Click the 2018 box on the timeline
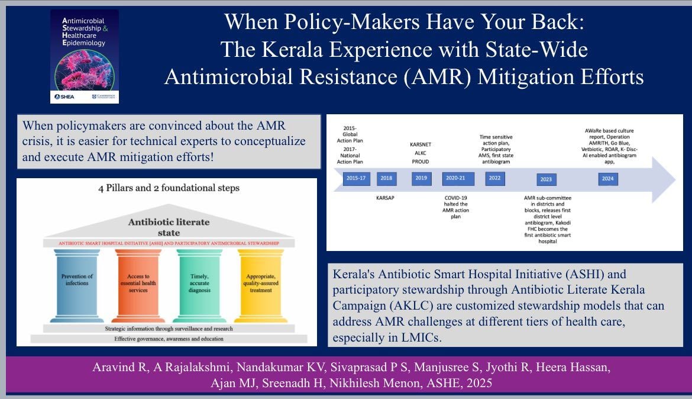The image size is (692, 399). click(387, 178)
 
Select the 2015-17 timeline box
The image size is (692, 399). click(357, 178)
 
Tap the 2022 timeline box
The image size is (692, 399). click(494, 178)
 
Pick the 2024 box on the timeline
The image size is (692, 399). click(607, 178)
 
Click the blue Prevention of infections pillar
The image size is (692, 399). click(77, 284)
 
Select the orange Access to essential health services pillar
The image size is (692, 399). click(137, 284)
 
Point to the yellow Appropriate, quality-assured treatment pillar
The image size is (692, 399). click(260, 284)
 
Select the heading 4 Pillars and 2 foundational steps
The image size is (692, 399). click(169, 189)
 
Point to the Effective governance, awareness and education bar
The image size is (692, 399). click(169, 339)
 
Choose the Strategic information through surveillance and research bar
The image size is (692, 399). click(169, 328)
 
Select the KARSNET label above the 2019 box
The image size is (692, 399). click(420, 144)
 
